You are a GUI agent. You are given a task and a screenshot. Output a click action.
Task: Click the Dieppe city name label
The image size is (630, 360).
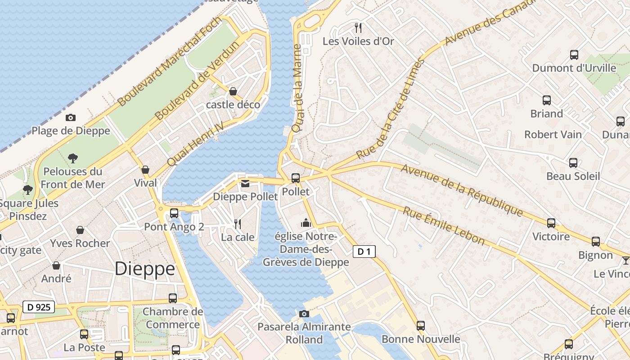coord(144,269)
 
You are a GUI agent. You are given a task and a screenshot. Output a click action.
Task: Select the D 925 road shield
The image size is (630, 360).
coord(38,307)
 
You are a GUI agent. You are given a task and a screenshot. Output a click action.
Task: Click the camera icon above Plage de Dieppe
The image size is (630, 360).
coord(71,118)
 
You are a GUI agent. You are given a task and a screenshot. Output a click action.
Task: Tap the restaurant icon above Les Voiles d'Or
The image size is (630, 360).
coord(358,28)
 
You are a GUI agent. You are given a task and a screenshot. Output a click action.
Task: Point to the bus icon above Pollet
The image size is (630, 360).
coord(296,178)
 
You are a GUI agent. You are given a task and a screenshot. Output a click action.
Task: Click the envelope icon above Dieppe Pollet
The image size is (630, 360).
coord(245,184)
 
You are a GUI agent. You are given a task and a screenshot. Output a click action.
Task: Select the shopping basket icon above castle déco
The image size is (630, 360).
coord(233,92)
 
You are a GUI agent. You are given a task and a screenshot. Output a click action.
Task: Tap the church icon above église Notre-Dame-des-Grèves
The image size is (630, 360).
coord(306,223)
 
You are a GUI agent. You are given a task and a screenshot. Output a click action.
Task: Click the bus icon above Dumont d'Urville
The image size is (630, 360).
coord(574,55)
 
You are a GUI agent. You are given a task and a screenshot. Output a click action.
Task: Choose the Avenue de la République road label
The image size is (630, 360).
coord(462,190)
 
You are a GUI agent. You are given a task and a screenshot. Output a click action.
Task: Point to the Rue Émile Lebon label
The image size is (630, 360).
coord(444,226)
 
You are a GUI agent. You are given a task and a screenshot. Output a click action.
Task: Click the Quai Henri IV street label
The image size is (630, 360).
coord(195,144)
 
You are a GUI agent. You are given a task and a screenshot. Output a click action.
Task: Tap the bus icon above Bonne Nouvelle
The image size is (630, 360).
coord(421,326)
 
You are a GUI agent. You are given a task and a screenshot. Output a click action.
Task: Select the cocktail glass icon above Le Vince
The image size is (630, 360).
coord(625,261)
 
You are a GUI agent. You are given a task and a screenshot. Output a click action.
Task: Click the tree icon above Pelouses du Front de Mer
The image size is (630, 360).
coord(73,158)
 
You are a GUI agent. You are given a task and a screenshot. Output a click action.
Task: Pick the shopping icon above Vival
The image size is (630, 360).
coord(145,170)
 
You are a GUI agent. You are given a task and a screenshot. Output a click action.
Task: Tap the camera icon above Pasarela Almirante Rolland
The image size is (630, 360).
coord(304,314)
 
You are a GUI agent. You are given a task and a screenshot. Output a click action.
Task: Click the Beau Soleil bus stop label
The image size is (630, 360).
coord(573,176)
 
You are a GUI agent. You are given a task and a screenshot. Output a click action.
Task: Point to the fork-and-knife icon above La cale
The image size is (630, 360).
coord(238,224)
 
